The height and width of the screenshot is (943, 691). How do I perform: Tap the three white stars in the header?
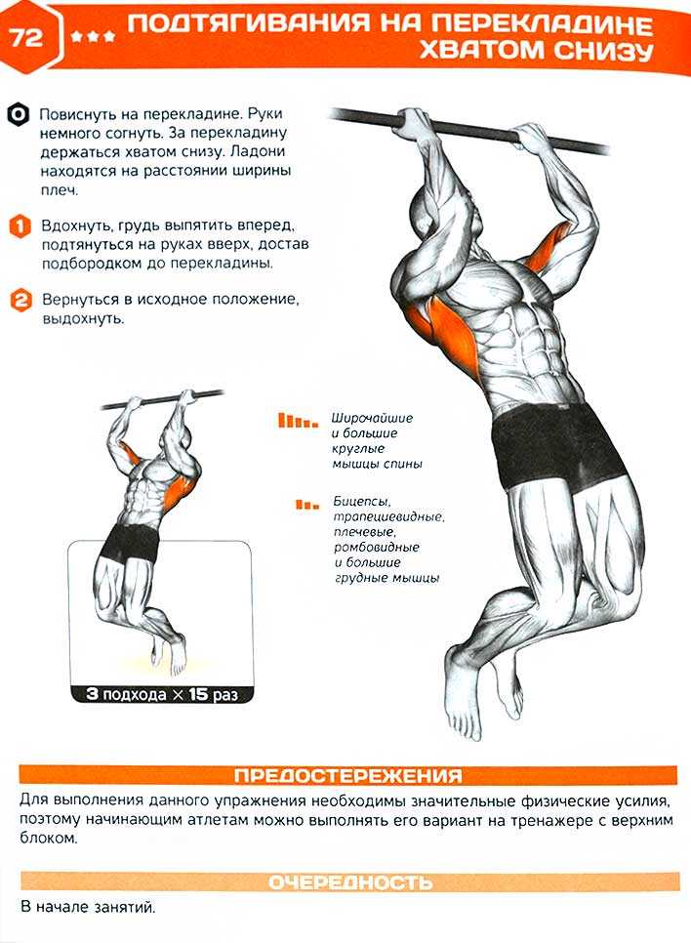(93, 37)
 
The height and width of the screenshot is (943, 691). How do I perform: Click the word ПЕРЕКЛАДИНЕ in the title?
(542, 24)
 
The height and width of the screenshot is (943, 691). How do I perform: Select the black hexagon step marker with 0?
(19, 114)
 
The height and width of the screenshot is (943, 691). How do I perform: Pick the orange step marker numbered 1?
(20, 226)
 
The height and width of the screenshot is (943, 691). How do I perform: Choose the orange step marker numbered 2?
(20, 300)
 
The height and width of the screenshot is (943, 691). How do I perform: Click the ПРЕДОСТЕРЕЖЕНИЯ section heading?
(348, 775)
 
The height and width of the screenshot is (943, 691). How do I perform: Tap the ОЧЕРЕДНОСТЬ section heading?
(350, 881)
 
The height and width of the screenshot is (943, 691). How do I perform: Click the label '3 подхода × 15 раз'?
(162, 694)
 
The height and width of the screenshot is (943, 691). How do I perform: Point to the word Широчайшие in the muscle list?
(372, 418)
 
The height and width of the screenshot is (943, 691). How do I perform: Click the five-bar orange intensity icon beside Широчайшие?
(298, 421)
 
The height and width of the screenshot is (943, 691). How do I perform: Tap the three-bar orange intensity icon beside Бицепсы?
(307, 504)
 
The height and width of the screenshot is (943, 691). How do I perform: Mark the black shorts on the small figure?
(129, 541)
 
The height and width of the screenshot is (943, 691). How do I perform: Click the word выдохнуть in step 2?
(84, 319)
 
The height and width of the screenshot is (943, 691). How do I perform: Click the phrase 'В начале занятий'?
(88, 907)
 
